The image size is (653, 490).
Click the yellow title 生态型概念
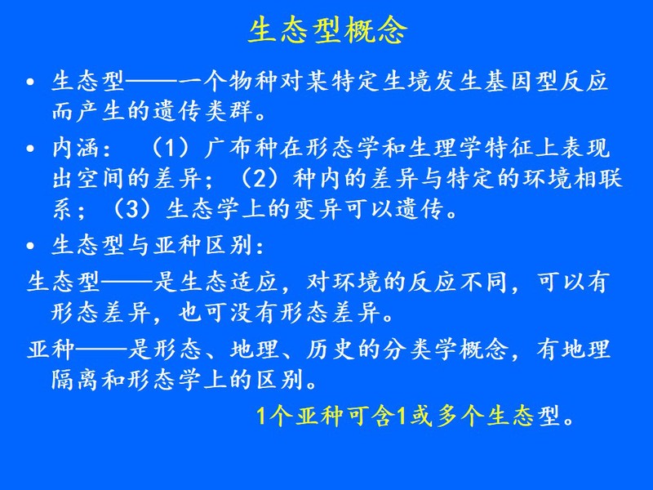point(327,30)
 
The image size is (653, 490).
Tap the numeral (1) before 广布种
point(171,148)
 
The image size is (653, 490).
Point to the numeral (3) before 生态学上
point(131,209)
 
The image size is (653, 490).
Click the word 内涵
point(77,148)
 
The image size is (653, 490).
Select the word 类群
point(230,111)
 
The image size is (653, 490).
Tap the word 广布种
point(242,148)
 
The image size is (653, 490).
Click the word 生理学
point(445,148)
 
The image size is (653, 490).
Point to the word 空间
point(101,178)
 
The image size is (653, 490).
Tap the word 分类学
point(420,350)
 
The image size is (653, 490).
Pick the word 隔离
point(77,380)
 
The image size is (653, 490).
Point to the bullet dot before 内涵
point(30,149)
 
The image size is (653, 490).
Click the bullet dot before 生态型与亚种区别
point(30,246)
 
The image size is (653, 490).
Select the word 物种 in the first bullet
point(254,81)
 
